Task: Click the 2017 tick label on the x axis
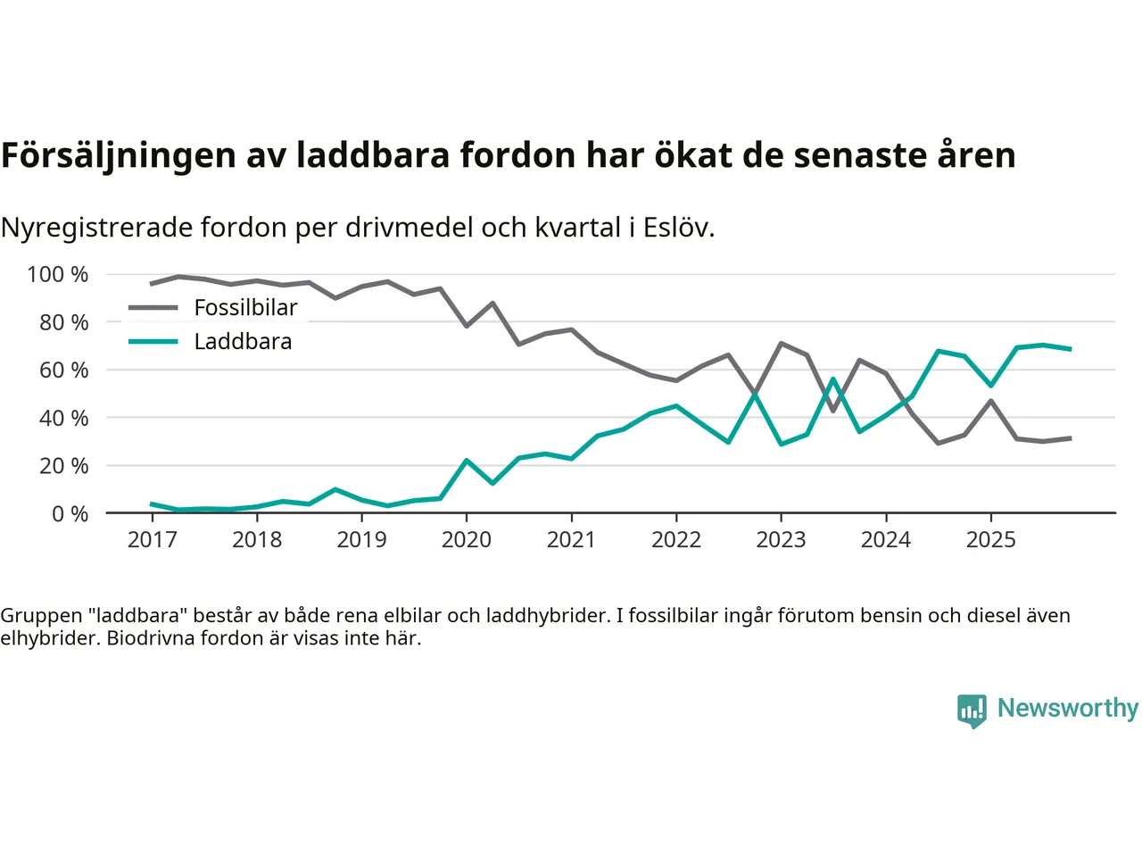152,539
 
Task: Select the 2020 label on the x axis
467,539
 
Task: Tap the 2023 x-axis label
781,539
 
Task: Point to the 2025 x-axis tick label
990,539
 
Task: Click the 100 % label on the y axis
58,274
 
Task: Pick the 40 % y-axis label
63,418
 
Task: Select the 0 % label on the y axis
70,513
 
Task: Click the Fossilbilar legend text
245,308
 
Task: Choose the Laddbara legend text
243,342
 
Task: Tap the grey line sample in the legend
153,308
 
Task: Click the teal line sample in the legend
153,342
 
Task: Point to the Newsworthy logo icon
972,711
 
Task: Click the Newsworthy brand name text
1068,708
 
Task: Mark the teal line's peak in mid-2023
833,379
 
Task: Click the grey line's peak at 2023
781,343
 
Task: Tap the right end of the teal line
1070,349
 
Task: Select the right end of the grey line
1070,438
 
